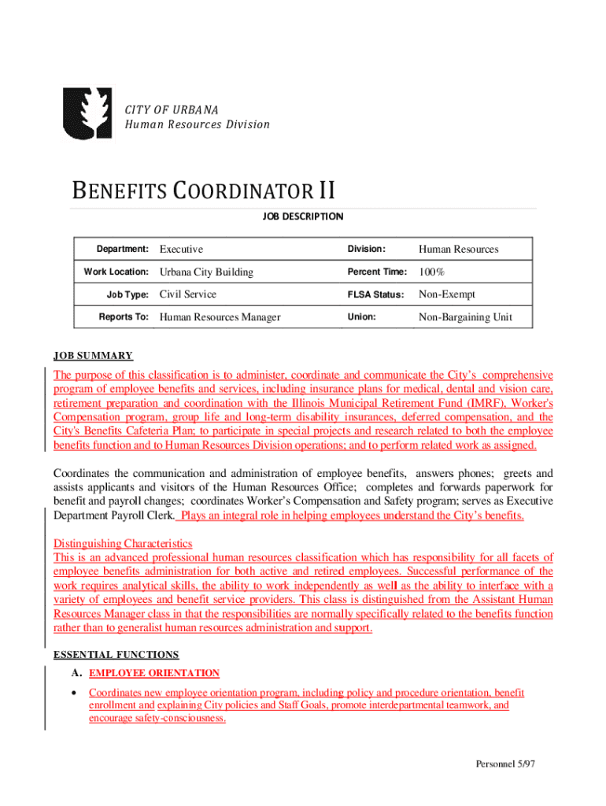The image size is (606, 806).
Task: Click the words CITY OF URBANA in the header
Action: (171, 108)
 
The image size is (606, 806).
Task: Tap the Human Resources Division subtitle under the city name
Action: (197, 124)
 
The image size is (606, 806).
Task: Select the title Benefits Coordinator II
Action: (203, 191)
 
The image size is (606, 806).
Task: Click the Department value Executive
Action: (181, 250)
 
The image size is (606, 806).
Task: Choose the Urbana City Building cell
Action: (206, 272)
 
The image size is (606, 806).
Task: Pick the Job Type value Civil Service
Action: (187, 294)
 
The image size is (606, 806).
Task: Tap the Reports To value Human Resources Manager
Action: (220, 317)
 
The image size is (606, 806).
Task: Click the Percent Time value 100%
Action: (432, 272)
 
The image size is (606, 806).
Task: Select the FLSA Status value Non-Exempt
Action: (446, 294)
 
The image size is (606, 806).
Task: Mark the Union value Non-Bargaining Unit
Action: (465, 317)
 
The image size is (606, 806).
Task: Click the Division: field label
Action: (367, 250)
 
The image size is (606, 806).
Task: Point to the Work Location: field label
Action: (116, 272)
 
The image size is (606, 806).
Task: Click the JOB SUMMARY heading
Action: (93, 356)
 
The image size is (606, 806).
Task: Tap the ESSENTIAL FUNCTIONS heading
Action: (116, 654)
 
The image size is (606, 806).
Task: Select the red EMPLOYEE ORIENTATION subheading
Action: (155, 674)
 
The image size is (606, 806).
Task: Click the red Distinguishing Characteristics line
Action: (123, 543)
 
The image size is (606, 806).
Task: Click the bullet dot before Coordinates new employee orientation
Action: (73, 693)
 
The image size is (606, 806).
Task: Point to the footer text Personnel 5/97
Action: (504, 764)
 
